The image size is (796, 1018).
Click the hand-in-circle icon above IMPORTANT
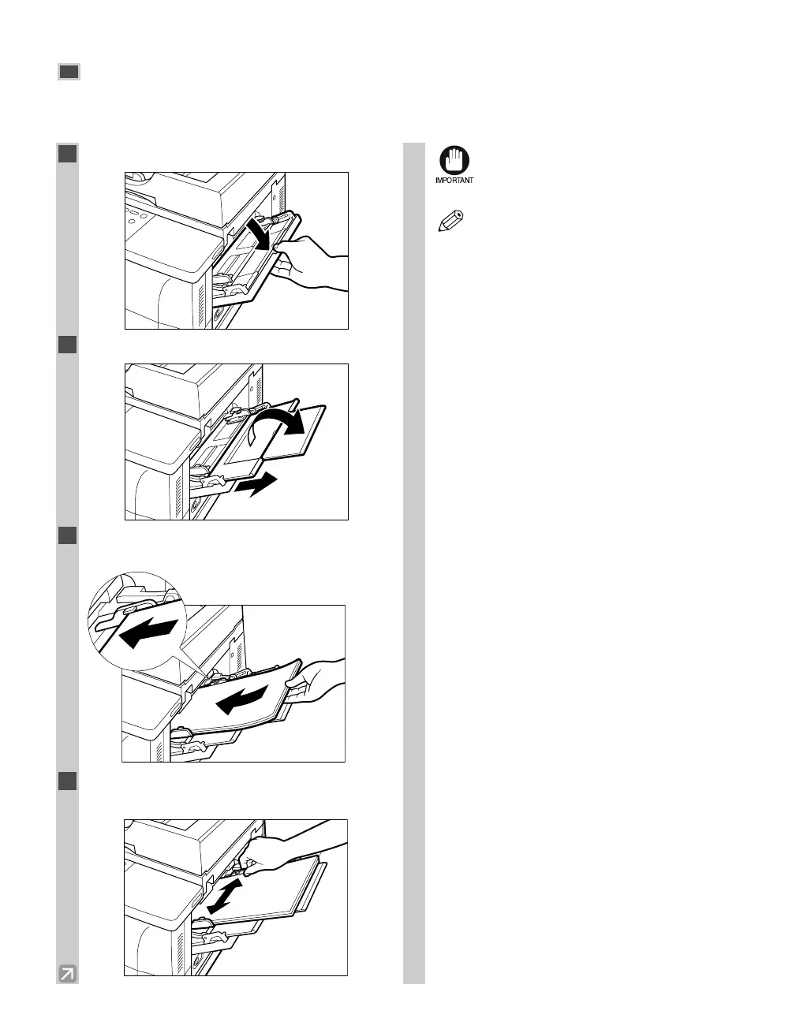pos(454,161)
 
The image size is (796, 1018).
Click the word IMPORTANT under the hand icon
pos(454,181)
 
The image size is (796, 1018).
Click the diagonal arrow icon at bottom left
pos(68,974)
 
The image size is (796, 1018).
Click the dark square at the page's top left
pos(69,73)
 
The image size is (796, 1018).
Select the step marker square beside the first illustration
pos(67,153)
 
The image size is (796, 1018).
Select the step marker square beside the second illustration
pos(67,345)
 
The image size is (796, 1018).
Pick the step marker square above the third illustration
pos(67,535)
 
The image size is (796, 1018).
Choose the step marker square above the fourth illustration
pos(67,780)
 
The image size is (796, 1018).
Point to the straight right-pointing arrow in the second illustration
pos(260,484)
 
